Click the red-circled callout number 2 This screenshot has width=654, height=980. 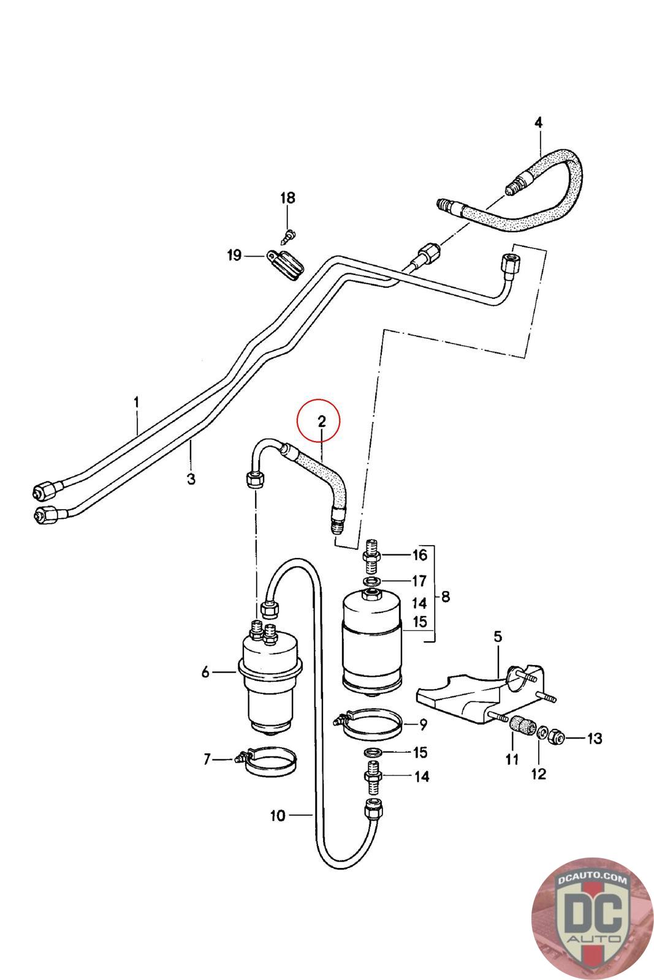point(321,421)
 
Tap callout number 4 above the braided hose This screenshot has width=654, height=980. point(538,123)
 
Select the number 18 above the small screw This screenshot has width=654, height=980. point(287,198)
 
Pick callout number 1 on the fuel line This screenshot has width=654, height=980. point(137,402)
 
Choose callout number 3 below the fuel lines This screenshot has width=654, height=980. point(191,478)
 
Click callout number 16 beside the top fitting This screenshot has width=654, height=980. point(419,556)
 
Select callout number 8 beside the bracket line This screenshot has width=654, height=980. point(446,596)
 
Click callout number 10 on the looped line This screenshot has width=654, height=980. point(277,815)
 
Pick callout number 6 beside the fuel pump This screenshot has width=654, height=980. point(205,673)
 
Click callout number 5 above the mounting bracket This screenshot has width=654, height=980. point(497,637)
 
